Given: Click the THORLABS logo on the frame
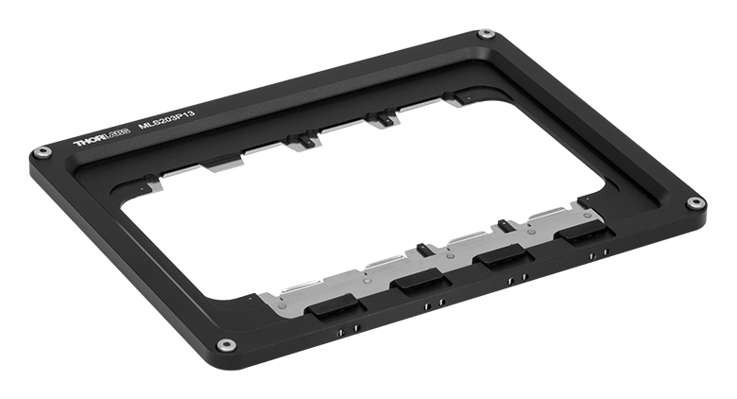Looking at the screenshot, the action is click(101, 137).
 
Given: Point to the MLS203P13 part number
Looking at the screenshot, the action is click(166, 119).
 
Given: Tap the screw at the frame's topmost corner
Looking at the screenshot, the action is click(486, 34).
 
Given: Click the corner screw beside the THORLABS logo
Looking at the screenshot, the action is click(43, 152).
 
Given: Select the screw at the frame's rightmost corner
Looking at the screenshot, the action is click(694, 203).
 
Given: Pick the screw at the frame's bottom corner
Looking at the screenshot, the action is click(227, 345).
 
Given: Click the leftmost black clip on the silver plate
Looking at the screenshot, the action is click(334, 306).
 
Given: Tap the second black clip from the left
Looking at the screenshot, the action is click(420, 283).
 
